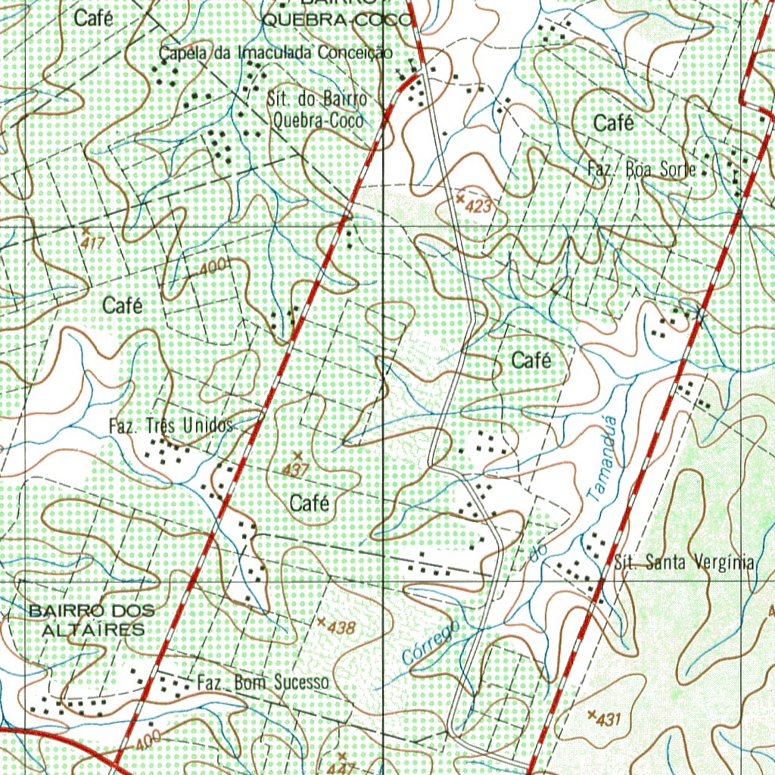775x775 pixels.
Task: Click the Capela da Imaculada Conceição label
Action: click(x=275, y=53)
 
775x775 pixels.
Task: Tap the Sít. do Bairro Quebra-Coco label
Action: click(x=318, y=110)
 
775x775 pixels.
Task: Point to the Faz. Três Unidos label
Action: click(x=171, y=426)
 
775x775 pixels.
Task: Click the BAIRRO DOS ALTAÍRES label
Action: click(x=92, y=620)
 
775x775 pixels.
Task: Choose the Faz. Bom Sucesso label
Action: click(x=263, y=683)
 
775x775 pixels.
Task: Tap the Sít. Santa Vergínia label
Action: click(x=685, y=563)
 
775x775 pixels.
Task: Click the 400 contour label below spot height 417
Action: click(x=215, y=267)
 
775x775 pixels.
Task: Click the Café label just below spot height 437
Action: click(x=309, y=502)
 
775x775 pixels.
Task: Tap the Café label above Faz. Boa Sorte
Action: click(x=614, y=123)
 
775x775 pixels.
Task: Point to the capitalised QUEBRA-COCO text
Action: click(x=338, y=21)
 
